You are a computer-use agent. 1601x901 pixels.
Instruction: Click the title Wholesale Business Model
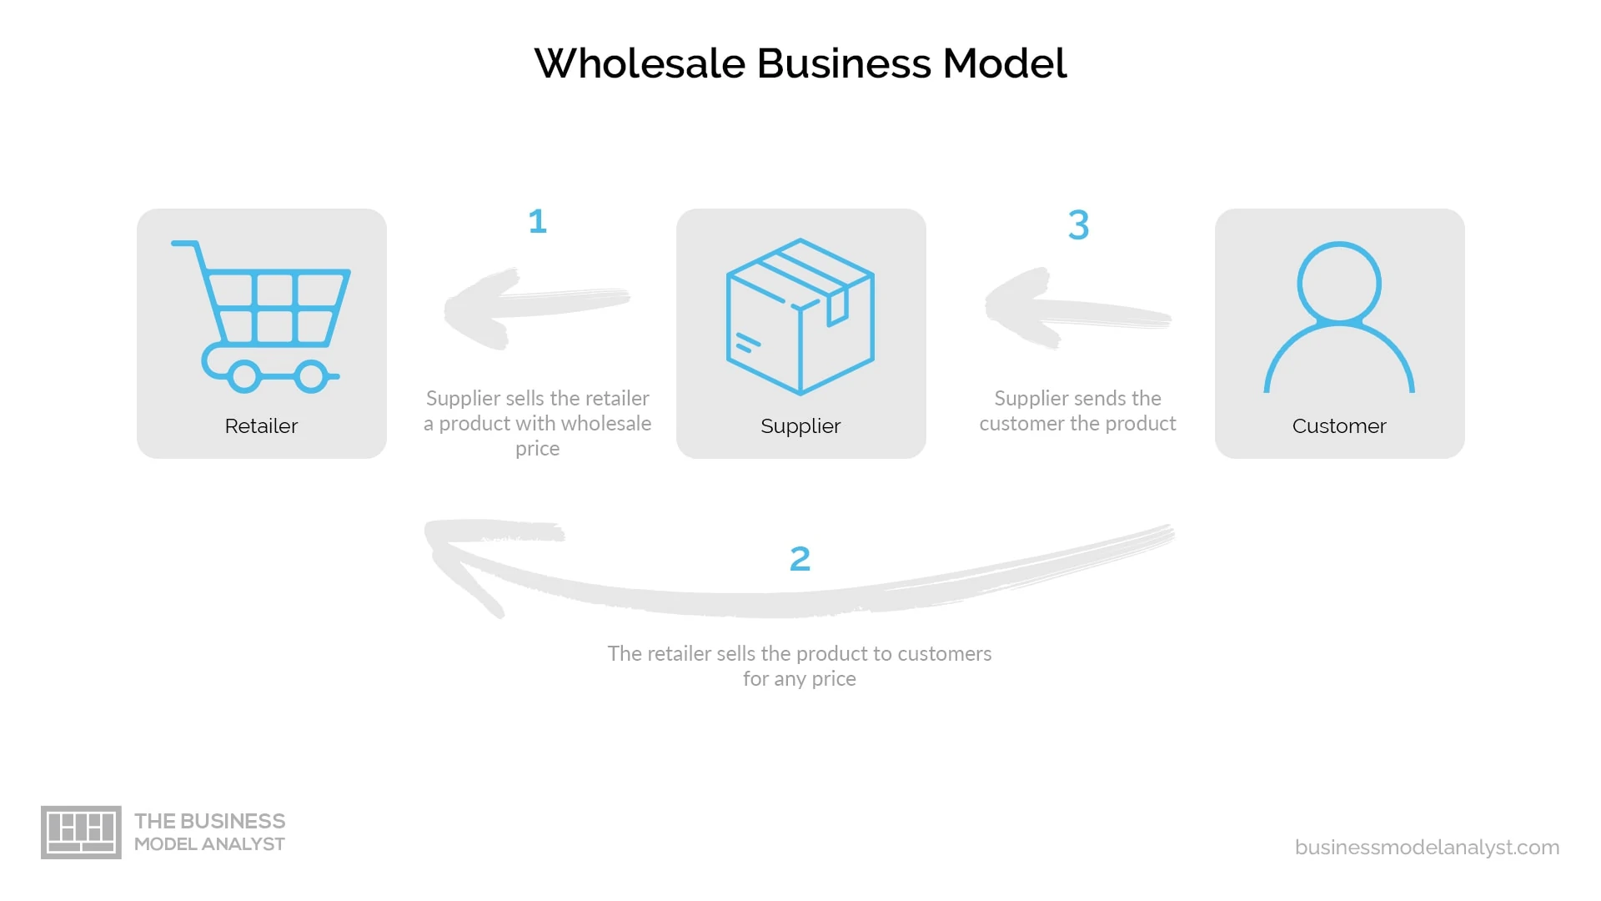[800, 63]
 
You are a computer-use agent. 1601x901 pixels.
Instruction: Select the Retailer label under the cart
[261, 426]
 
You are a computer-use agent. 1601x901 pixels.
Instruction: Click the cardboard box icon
[800, 317]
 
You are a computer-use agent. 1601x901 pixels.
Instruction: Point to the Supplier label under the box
[800, 426]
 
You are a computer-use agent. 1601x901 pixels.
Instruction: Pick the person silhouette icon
[1339, 317]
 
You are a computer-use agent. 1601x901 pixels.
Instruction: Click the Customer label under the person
[1339, 426]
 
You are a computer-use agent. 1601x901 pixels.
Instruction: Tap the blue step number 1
[538, 221]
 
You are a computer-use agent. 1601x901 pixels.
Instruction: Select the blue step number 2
[800, 559]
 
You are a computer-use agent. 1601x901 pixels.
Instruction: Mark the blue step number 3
[1078, 224]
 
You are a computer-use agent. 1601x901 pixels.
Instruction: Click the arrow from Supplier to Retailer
[537, 306]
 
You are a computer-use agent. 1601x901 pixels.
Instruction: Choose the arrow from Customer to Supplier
[1077, 310]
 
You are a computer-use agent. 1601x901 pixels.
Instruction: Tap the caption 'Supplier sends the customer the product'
[1077, 411]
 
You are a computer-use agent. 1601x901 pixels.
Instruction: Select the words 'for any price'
[800, 679]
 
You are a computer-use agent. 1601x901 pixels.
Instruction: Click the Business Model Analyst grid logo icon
[81, 833]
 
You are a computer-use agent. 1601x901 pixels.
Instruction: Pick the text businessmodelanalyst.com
[1427, 848]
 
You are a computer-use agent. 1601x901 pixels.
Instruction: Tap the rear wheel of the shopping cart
[244, 376]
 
